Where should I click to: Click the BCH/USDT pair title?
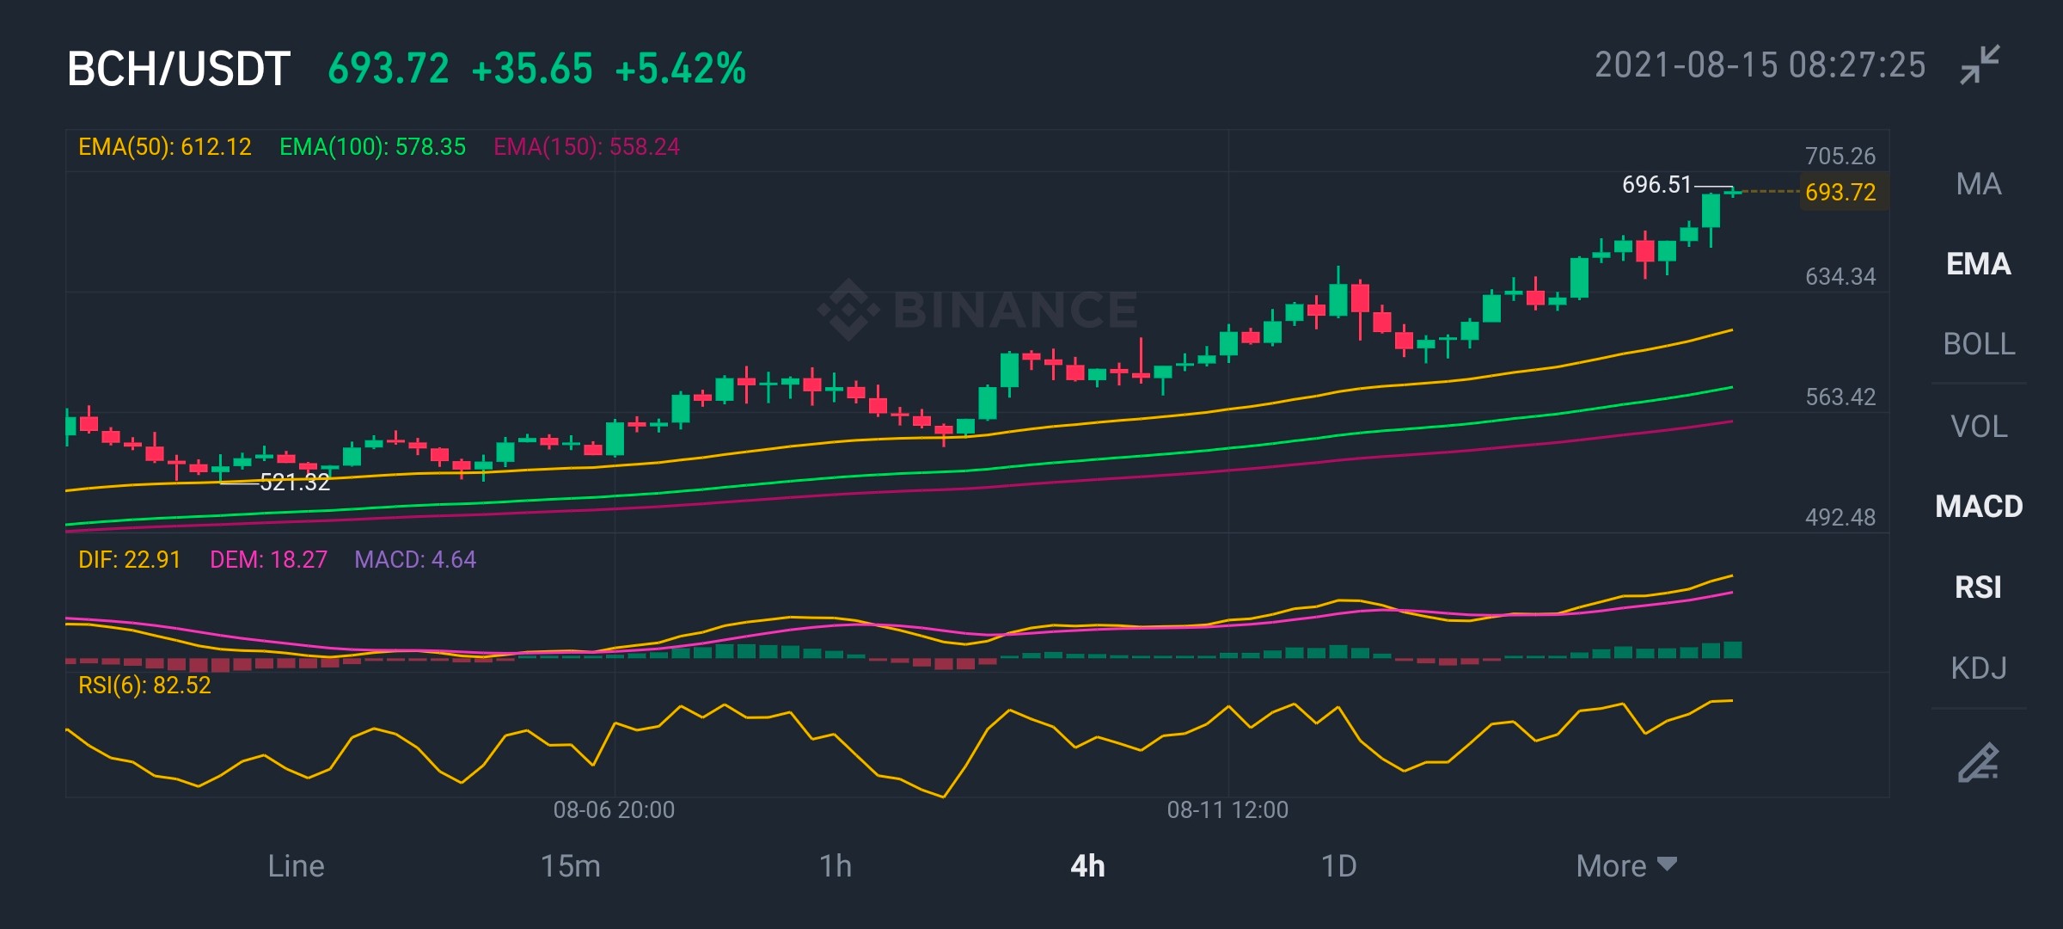tap(179, 69)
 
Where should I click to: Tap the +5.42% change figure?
tap(681, 69)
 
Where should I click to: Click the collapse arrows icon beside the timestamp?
tap(1980, 65)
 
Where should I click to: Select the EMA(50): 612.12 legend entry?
tap(165, 147)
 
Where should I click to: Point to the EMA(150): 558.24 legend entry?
tap(586, 147)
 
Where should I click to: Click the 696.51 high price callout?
tap(1656, 185)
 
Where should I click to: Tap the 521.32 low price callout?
tap(295, 483)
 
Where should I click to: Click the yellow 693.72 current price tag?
tap(1840, 192)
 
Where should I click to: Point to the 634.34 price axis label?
tap(1840, 276)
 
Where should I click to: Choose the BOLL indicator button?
tap(1979, 344)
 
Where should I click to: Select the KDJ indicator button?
tap(1979, 668)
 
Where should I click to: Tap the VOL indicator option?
tap(1979, 426)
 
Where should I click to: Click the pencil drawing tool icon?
tap(1978, 762)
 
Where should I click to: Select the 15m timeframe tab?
tap(570, 865)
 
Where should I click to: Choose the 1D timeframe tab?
tap(1338, 865)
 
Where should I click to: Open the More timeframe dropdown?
tap(1626, 865)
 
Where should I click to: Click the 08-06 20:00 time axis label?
tap(614, 809)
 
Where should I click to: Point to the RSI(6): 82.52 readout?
tap(144, 686)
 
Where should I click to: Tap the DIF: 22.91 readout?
tap(129, 560)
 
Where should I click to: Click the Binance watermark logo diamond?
tap(848, 310)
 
